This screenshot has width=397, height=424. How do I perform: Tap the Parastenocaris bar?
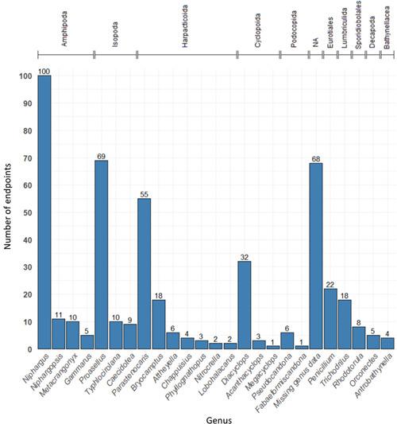pyautogui.click(x=144, y=274)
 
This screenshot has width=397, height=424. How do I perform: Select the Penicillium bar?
pyautogui.click(x=330, y=318)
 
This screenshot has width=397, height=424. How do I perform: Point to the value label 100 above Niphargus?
pyautogui.click(x=44, y=71)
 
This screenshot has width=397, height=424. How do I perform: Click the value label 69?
pyautogui.click(x=101, y=156)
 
